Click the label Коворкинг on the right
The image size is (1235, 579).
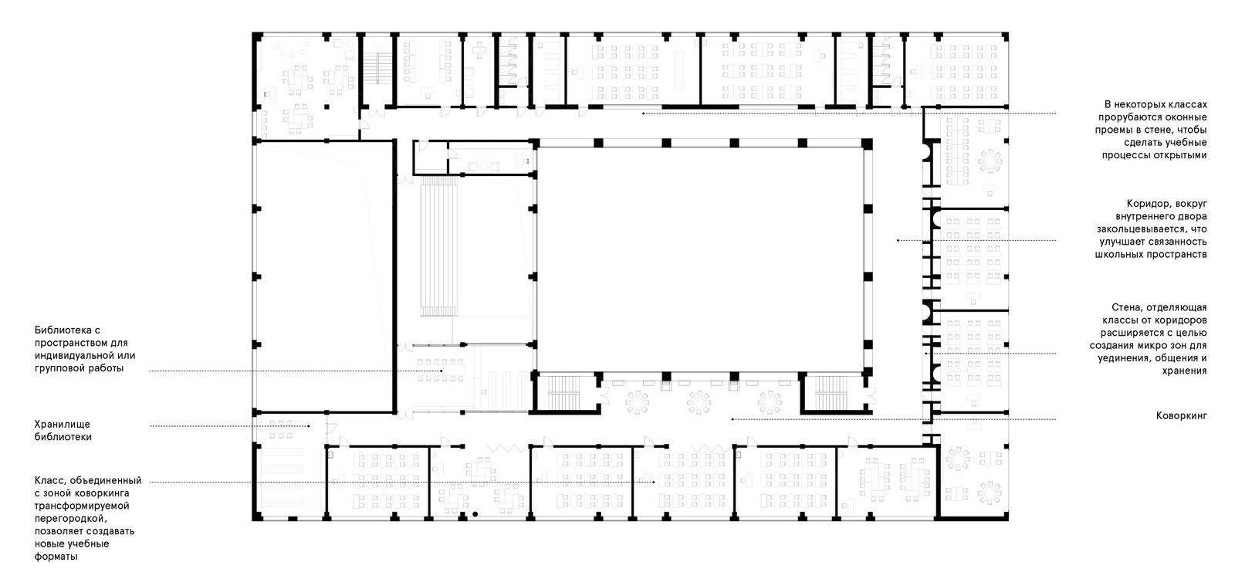click(x=1181, y=416)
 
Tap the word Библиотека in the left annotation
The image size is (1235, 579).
click(x=67, y=330)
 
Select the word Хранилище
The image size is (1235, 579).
click(x=63, y=425)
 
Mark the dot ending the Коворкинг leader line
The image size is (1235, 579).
click(x=733, y=419)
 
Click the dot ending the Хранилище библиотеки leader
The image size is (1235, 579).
click(x=309, y=425)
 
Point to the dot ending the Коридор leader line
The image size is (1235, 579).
click(x=898, y=240)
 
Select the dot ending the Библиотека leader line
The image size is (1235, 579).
click(x=441, y=371)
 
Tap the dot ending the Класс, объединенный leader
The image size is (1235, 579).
click(x=654, y=482)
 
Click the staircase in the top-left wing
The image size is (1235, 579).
click(x=377, y=68)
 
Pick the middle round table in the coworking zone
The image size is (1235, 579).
click(x=699, y=402)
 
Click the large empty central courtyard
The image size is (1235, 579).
click(x=699, y=258)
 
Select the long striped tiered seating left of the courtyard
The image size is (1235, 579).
click(x=439, y=246)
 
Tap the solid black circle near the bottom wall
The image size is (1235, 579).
click(x=475, y=514)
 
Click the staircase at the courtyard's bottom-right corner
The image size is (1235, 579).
click(x=831, y=393)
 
